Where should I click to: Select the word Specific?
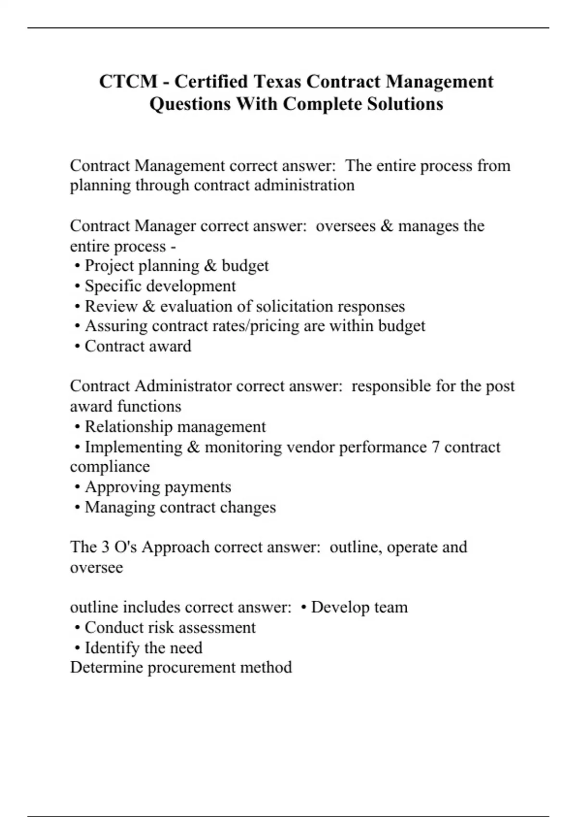pyautogui.click(x=113, y=286)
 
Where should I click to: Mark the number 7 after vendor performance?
pyautogui.click(x=435, y=447)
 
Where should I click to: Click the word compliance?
pyautogui.click(x=110, y=467)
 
